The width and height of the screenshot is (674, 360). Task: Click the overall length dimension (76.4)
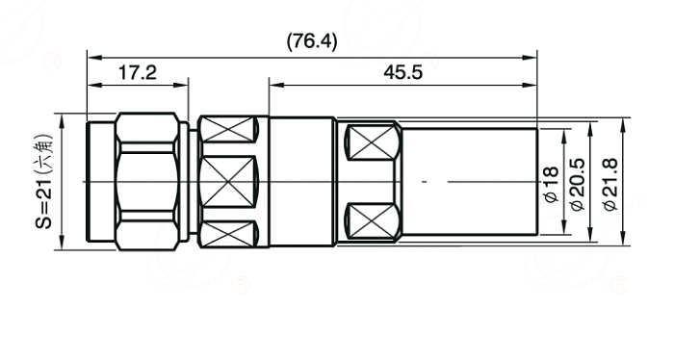click(x=312, y=41)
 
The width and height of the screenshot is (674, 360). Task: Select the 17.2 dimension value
click(x=138, y=72)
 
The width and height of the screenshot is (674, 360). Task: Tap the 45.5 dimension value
click(x=403, y=72)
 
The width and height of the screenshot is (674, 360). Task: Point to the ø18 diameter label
click(x=551, y=184)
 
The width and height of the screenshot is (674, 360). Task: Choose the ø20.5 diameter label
click(x=578, y=184)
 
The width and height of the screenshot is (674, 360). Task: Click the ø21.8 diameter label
click(x=610, y=184)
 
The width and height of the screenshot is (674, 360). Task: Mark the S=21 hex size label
click(x=44, y=203)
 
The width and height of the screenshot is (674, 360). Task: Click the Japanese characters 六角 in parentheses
click(x=44, y=154)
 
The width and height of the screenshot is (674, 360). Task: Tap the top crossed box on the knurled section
click(x=227, y=129)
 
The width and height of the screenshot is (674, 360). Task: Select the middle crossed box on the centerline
click(x=227, y=182)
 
